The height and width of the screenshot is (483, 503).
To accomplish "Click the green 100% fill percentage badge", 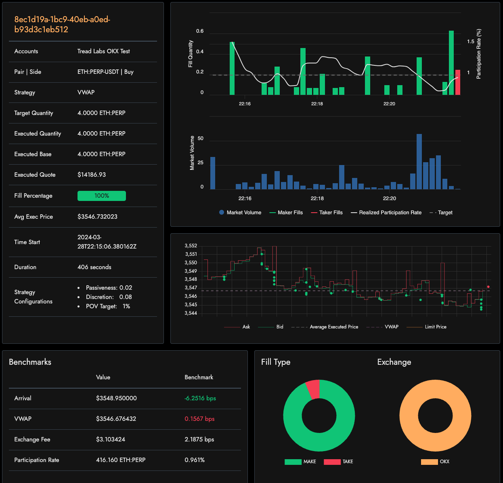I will tap(101, 196).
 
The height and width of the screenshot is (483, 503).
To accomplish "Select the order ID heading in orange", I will tap(62, 25).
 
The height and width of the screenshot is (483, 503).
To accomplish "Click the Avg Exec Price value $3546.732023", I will tap(97, 217).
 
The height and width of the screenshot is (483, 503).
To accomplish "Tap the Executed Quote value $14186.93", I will tap(92, 175).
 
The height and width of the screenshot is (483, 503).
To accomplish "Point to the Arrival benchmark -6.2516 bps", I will tap(200, 398).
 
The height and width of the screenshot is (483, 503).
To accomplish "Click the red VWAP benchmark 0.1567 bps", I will tap(199, 419).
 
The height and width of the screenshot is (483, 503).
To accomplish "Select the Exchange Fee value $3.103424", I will tap(111, 439).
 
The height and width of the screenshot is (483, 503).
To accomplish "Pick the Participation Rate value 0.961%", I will tap(195, 460).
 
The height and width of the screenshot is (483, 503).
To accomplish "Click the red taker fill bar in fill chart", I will tap(457, 83).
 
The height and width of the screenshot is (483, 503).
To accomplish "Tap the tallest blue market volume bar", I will tap(419, 161).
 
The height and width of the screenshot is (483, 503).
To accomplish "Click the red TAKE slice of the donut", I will tap(313, 389).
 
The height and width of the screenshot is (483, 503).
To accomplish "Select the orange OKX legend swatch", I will tap(429, 462).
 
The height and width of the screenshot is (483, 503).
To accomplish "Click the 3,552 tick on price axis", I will tap(191, 246).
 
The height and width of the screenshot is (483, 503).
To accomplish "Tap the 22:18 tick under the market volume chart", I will tap(317, 199).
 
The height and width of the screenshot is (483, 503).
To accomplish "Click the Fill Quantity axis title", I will tap(191, 54).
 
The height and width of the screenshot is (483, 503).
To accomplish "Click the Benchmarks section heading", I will tap(30, 362).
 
